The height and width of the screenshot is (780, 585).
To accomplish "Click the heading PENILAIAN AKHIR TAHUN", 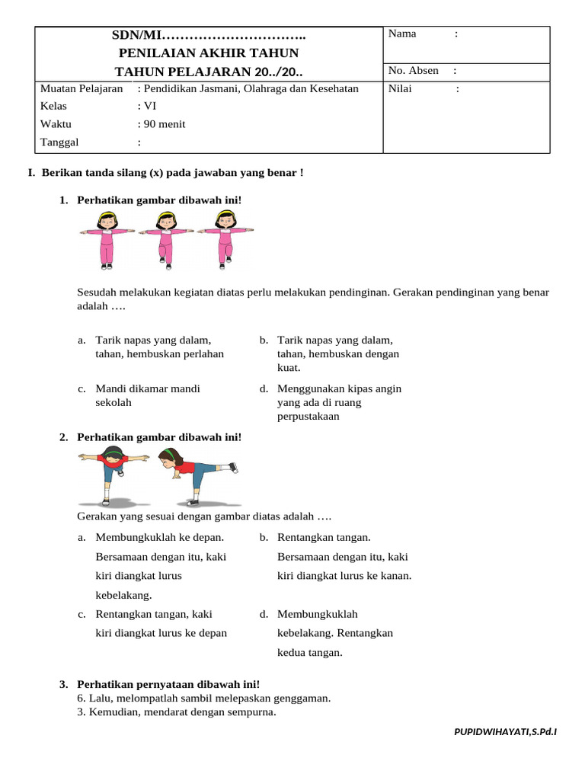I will pos(209,53).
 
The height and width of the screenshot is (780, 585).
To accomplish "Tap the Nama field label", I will pos(402,34).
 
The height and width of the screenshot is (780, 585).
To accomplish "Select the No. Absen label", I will pos(413,71).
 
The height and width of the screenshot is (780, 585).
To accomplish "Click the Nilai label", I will pos(401,89).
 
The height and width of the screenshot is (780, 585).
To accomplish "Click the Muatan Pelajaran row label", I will pos(82,89).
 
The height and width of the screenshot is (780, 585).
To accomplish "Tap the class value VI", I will pos(149,107).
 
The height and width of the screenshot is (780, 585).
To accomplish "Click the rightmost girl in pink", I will pos(225,238).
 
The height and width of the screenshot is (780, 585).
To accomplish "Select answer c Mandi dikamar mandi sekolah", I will pos(148,395).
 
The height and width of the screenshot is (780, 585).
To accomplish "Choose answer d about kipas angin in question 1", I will pos(339,402).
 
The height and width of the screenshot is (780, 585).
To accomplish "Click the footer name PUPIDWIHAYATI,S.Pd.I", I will pos(505,732).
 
